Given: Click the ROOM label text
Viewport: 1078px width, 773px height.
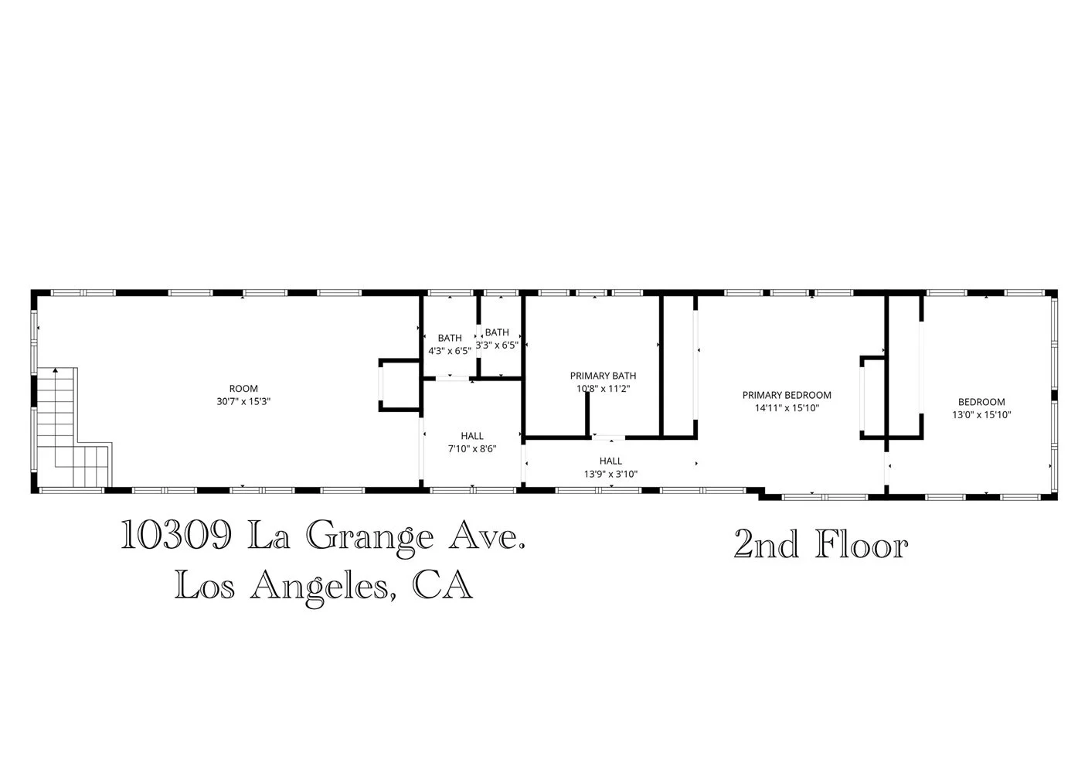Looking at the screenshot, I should click(x=243, y=389).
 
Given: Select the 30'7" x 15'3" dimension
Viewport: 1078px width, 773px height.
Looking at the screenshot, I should click(x=243, y=402).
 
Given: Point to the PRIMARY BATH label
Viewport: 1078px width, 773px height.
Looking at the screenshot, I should click(x=603, y=376).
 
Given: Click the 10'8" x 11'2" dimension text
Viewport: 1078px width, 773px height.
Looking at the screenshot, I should click(x=603, y=390).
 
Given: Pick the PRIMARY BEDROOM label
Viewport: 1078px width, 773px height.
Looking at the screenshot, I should click(x=787, y=395).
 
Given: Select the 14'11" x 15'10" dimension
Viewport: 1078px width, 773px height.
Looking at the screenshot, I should click(x=787, y=408).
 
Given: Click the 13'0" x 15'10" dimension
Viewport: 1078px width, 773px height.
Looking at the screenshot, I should click(x=981, y=415).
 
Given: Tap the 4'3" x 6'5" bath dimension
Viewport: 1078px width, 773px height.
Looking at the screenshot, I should click(x=450, y=351).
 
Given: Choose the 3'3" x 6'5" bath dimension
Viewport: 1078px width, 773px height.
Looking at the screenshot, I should click(x=497, y=346).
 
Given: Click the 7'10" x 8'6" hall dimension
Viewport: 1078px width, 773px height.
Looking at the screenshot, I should click(x=472, y=449).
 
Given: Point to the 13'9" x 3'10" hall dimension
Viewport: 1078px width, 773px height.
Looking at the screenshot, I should click(x=610, y=475).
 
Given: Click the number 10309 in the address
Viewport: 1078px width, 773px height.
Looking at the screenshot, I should click(x=175, y=536).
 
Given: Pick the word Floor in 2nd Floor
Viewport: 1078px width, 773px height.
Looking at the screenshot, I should click(x=862, y=545).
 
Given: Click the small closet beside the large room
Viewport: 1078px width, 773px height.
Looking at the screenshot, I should click(x=400, y=384).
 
